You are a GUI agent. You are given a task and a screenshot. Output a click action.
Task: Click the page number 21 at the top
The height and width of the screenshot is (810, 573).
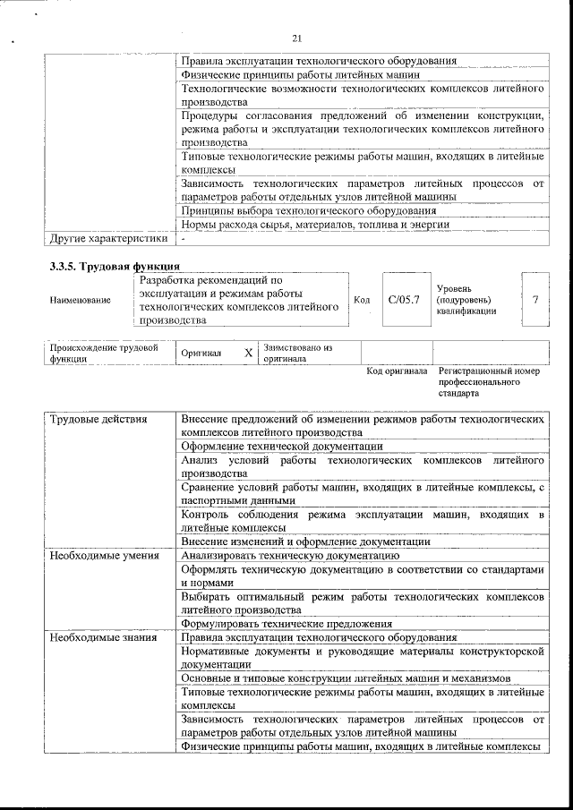[297, 37]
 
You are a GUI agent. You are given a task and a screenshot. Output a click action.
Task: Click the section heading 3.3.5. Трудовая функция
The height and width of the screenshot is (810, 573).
[115, 266]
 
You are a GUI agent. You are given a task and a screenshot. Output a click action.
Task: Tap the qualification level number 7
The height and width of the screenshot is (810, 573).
[535, 299]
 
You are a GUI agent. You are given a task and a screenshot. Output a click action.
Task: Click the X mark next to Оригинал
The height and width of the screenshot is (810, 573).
[248, 353]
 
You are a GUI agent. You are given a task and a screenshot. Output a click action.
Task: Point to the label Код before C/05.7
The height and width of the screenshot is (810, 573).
[362, 300]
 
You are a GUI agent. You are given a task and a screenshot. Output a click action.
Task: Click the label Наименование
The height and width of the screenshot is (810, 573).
[81, 300]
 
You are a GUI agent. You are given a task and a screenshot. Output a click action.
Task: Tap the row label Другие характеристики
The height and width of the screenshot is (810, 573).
[107, 238]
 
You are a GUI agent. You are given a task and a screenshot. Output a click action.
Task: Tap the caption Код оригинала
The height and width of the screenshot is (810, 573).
[397, 371]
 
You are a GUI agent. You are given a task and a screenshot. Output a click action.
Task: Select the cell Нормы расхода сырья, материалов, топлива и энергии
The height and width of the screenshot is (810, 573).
[314, 224]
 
